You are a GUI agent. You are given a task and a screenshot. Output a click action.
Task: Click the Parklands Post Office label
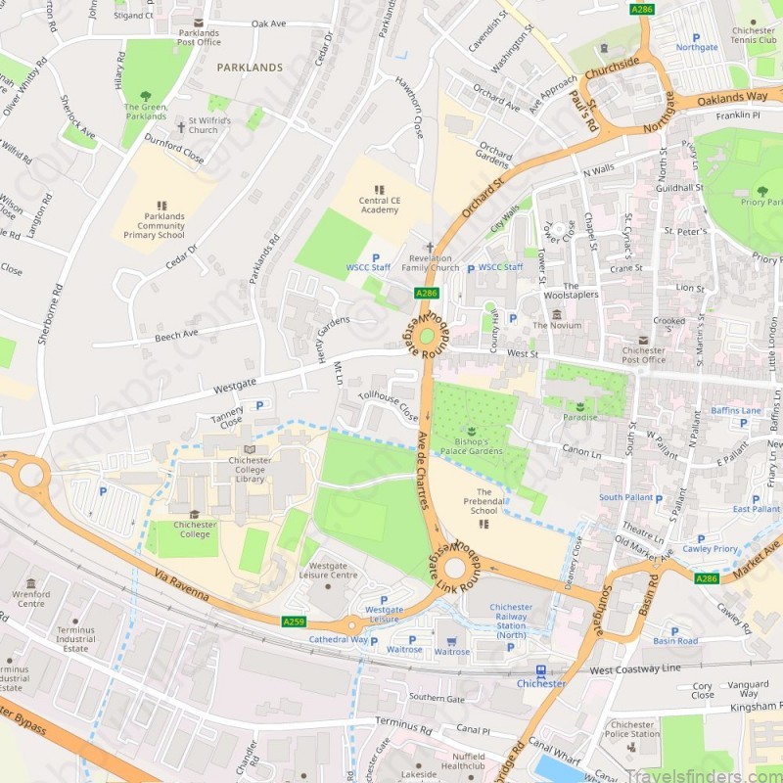(200, 36)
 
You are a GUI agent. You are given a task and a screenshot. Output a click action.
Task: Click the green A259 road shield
(293, 622)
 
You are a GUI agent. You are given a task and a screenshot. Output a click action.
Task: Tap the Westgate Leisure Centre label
(333, 571)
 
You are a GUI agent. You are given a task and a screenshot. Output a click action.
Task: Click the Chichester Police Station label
(631, 729)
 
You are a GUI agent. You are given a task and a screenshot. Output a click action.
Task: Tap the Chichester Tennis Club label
(753, 36)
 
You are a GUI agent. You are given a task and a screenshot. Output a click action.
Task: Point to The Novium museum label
(557, 325)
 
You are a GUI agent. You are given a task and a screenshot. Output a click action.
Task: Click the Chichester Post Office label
(643, 355)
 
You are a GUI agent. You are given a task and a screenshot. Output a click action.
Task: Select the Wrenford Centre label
(30, 597)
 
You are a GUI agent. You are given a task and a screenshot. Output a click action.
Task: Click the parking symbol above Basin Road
(675, 630)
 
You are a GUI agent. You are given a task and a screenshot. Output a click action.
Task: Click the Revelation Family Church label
(430, 262)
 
